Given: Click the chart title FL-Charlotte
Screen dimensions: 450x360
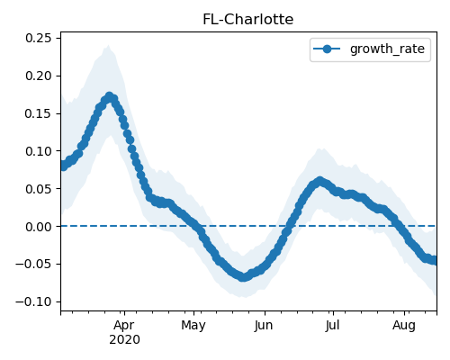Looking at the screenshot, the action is tap(248, 20).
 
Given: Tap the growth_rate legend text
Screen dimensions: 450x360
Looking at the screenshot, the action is tap(387, 49).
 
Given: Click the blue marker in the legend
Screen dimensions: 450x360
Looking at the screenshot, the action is tap(327, 49).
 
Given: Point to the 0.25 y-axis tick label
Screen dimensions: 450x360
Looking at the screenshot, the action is tap(39, 38).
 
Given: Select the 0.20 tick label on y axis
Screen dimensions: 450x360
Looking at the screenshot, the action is tap(39, 76).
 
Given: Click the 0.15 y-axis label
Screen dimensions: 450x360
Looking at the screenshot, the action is tap(39, 113).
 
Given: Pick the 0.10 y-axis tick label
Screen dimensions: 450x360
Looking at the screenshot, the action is tap(39, 151).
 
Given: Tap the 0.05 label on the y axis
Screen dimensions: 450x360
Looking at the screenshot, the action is tap(39, 189).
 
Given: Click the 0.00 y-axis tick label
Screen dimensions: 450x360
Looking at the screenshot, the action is tap(39, 227).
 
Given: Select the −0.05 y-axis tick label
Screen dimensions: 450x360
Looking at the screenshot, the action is tap(34, 264).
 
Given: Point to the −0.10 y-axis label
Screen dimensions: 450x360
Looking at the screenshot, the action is tap(34, 301).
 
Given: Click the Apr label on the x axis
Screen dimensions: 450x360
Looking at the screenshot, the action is tap(124, 326).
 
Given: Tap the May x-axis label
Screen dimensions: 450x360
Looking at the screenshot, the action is tap(193, 326).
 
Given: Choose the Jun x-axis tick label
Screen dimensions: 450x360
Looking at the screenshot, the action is tap(264, 326).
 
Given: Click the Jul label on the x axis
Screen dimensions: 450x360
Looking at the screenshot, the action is tap(332, 326).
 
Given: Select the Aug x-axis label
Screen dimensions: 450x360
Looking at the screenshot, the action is tap(404, 326).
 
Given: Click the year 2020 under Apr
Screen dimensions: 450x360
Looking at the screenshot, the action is tap(124, 340).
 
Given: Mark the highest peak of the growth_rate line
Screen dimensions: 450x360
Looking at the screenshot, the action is tap(109, 97).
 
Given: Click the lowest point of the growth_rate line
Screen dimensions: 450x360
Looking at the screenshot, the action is tap(244, 276).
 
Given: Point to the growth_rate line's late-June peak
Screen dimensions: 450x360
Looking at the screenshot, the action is tap(319, 181).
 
